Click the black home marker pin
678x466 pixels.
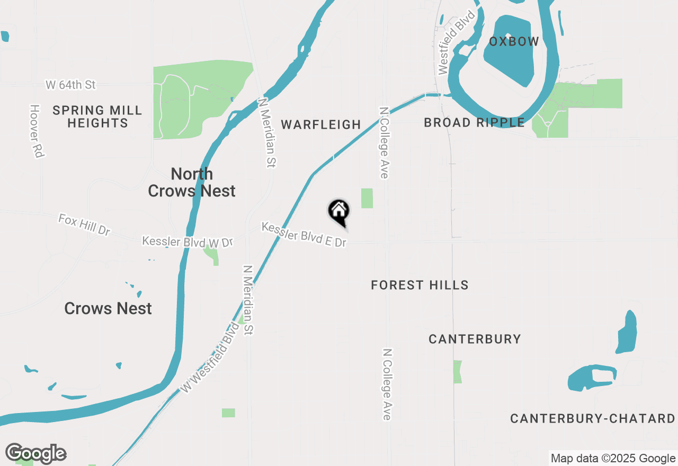(x=339, y=211)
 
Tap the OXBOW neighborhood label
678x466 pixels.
(x=514, y=41)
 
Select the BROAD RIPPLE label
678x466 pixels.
(x=474, y=123)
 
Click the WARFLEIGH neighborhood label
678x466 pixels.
(x=321, y=124)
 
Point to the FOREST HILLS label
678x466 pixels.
(x=420, y=285)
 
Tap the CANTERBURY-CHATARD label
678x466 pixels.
(x=593, y=419)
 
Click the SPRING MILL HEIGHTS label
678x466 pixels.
(x=97, y=116)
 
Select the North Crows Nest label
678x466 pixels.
(x=192, y=182)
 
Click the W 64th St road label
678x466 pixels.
(x=70, y=85)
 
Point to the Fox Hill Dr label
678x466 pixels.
(x=84, y=225)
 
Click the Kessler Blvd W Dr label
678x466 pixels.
(x=188, y=241)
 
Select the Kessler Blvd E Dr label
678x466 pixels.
(x=304, y=235)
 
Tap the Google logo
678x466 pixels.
(x=35, y=453)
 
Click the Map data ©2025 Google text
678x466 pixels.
(x=613, y=459)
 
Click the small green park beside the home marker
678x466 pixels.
(x=367, y=198)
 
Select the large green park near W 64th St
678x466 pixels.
(x=201, y=98)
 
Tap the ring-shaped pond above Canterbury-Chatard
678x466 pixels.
(x=592, y=378)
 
